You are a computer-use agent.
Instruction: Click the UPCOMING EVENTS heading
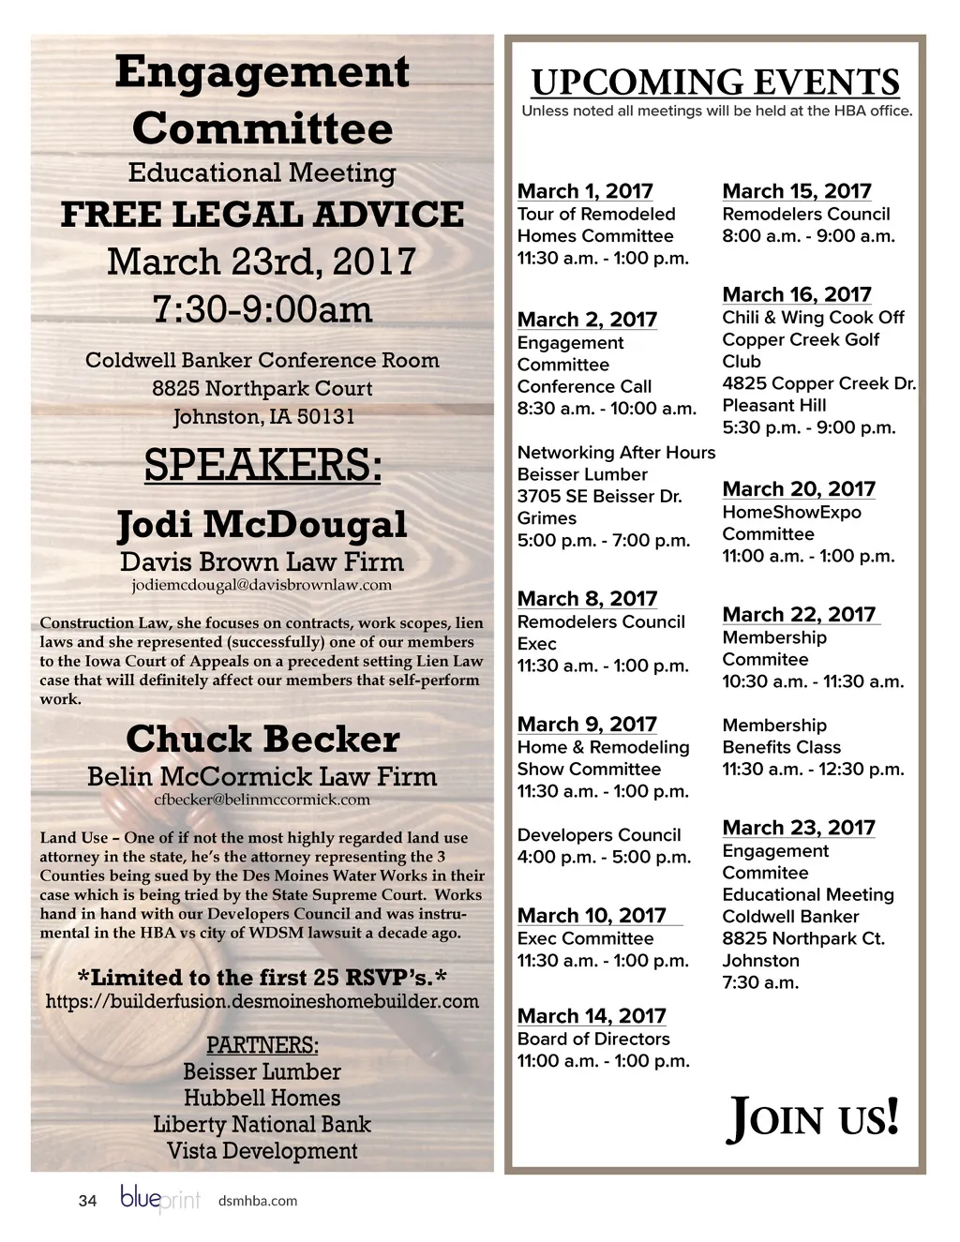pos(715,82)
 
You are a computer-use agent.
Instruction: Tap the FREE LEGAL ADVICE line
pos(262,215)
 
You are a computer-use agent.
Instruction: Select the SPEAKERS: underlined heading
pos(262,465)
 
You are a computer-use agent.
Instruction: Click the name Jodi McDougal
pos(262,524)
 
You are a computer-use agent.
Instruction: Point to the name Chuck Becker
pos(262,740)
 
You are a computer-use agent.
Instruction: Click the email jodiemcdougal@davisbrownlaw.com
pos(262,585)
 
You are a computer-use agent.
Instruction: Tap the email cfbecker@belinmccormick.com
pos(262,800)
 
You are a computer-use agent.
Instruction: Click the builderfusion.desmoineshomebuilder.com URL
pos(262,1001)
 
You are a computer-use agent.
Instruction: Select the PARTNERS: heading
pos(262,1045)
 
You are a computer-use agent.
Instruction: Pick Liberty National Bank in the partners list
pos(262,1124)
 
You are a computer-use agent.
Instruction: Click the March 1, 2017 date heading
pos(585,191)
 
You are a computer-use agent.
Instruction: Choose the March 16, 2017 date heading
pos(796,294)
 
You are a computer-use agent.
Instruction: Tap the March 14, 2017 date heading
pos(592,1016)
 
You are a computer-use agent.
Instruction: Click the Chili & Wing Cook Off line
pos(813,317)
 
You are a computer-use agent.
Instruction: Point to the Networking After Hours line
pos(616,453)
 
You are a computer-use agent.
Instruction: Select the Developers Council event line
pos(599,834)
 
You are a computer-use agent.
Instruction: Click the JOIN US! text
pos(813,1118)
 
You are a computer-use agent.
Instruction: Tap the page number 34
pos(87,1201)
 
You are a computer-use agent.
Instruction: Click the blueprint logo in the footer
pos(159,1199)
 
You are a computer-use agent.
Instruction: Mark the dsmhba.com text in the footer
pos(257,1201)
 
